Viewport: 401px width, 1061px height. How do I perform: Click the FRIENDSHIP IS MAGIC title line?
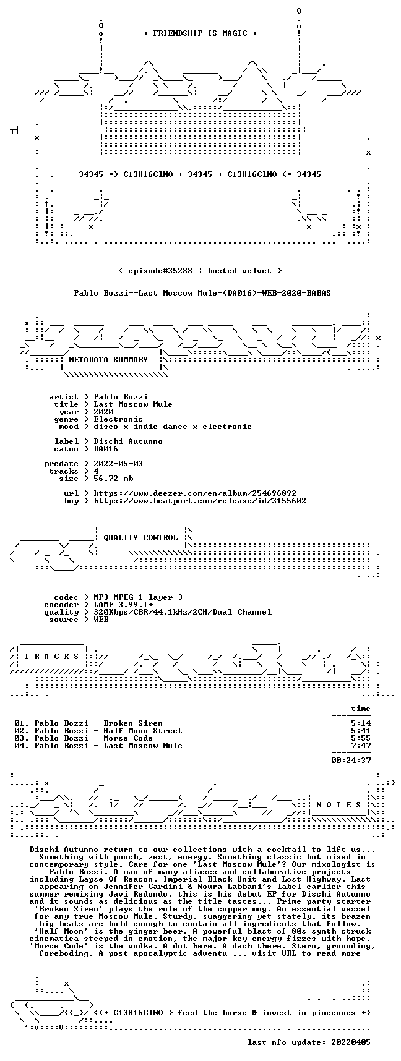coord(200,33)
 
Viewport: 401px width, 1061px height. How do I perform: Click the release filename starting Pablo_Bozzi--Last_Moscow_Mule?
coord(202,292)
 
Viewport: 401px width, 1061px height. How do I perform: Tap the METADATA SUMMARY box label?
coord(108,359)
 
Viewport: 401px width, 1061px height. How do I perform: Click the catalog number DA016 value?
coord(106,449)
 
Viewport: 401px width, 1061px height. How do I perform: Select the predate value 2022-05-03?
coord(118,464)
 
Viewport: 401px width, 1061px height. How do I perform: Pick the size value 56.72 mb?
coord(113,479)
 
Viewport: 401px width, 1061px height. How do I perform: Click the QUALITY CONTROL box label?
coord(140,538)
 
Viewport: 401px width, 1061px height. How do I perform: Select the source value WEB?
coord(101,620)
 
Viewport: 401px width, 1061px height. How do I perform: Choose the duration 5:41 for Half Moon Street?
coord(361,731)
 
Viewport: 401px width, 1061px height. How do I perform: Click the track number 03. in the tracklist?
coord(22,738)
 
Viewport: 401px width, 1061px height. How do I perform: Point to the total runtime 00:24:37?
coord(351,761)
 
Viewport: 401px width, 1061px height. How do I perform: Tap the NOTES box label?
coord(338,805)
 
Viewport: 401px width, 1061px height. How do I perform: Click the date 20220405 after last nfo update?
coord(351,1042)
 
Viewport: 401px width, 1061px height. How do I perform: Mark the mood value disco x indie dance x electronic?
coord(173,427)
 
